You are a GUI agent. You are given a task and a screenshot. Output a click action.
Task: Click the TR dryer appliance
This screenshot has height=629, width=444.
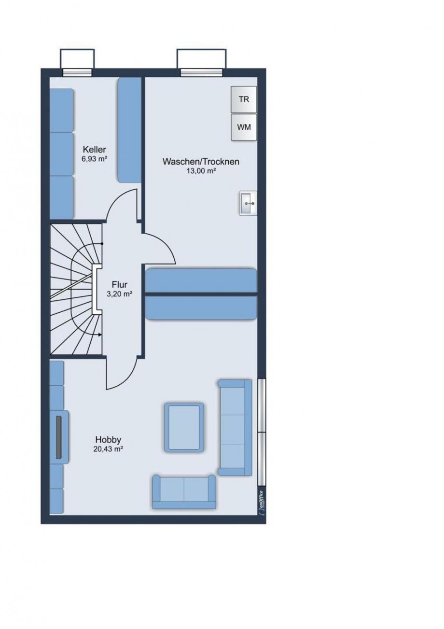point(244,99)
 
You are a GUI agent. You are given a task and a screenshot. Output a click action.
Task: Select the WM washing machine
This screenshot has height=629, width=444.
point(244,127)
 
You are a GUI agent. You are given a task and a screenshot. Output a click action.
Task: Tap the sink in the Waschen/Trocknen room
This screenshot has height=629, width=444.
point(248,203)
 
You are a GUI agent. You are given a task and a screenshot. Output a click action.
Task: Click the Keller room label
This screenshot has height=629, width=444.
point(94,149)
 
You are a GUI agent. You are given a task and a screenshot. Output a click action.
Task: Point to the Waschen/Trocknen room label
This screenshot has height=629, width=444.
point(201,162)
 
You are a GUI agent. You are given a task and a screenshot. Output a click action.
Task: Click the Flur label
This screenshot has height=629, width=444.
point(120,284)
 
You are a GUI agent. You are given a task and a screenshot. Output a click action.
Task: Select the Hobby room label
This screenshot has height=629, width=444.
point(108,439)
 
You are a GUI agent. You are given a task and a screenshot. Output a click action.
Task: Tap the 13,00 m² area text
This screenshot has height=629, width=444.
point(201,171)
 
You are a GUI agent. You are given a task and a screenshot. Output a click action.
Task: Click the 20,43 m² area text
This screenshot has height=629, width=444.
point(108,449)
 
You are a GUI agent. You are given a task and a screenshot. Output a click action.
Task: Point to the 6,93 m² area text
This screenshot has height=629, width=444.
point(95,159)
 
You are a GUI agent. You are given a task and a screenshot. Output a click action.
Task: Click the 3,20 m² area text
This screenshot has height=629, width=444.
point(120,294)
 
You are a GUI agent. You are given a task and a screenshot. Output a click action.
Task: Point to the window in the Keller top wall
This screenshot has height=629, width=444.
point(77,72)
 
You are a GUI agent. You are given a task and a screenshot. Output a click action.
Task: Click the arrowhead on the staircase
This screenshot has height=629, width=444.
point(100,335)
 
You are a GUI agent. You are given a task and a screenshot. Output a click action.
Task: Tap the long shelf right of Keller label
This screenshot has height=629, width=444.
point(129,130)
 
